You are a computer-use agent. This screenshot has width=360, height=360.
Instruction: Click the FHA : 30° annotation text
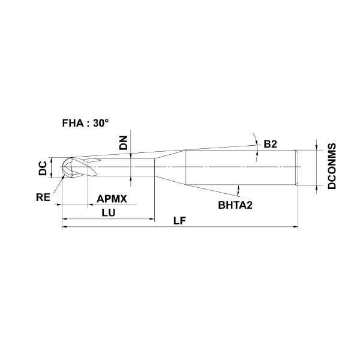coord(85,123)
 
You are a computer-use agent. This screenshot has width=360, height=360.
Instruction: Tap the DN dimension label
coord(124,143)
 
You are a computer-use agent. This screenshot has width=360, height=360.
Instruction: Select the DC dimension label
coord(43,168)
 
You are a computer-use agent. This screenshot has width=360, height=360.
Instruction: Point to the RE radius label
coord(43,197)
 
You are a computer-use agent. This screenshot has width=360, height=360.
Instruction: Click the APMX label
coord(112,199)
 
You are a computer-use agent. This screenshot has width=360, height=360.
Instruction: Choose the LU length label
coord(109,213)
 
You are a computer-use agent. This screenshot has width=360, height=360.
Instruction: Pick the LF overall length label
coord(179,221)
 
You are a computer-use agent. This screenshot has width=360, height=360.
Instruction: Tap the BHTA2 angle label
coord(235,205)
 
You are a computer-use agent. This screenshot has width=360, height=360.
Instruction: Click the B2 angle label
coord(270,144)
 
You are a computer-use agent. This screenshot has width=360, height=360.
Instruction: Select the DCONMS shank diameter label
coord(332,166)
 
